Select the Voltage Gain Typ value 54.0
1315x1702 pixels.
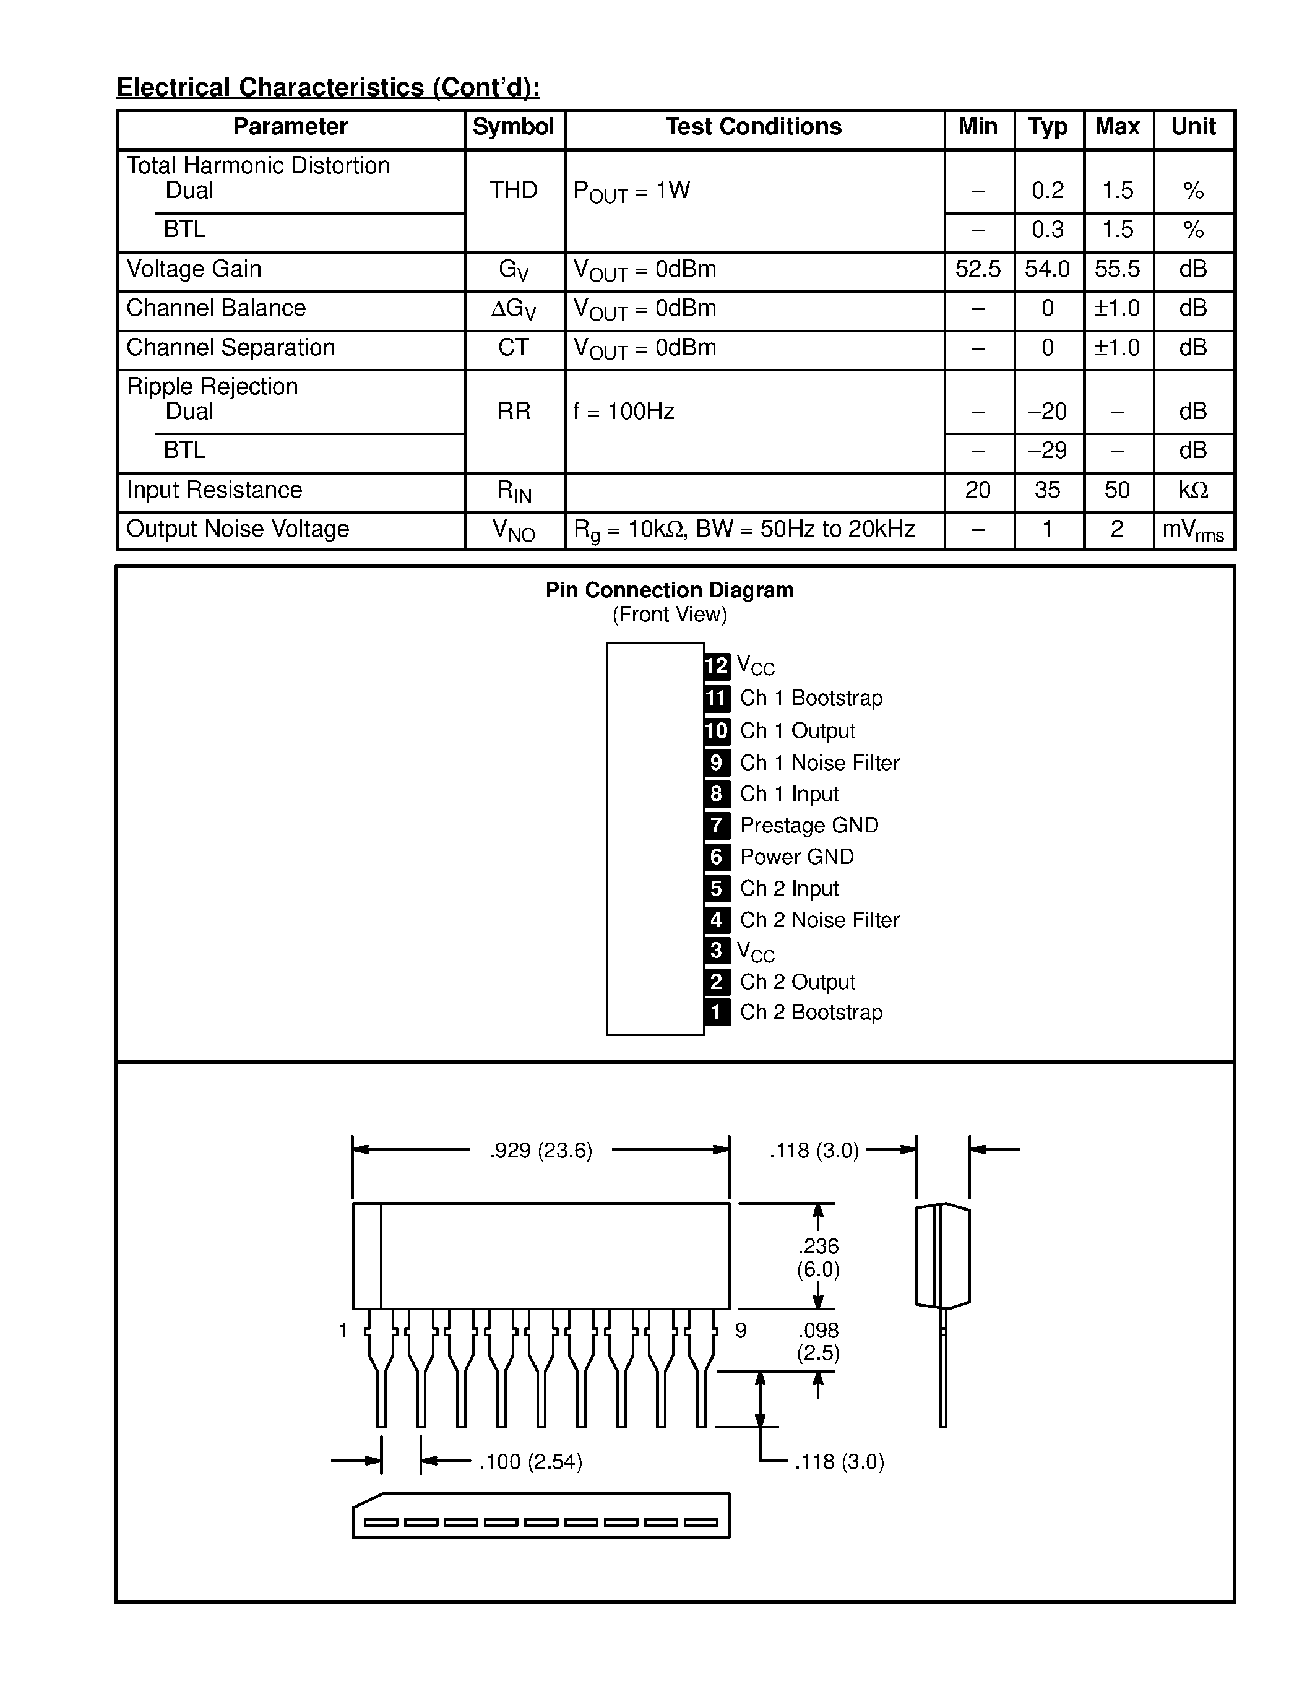pos(1047,270)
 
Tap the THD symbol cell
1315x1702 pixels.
pos(514,190)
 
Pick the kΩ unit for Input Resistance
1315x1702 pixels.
pos(1192,490)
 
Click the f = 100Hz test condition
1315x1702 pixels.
pos(623,412)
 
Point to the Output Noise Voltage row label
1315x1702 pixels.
pos(238,529)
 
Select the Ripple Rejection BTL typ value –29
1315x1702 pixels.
pos(1047,451)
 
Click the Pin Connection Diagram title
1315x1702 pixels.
pos(669,590)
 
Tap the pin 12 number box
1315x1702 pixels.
pos(717,665)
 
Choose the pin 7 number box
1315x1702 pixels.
pos(717,825)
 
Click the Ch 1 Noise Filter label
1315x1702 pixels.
pos(819,763)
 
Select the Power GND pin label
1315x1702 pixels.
pos(797,857)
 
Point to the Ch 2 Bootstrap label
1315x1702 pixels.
pos(811,1013)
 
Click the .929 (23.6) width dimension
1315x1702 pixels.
pos(541,1151)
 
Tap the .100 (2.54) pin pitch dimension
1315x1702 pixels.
pos(530,1462)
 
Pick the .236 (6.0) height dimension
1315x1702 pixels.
pos(818,1258)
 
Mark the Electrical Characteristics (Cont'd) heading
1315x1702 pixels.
pos(328,87)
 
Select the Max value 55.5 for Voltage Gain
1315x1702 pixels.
pos(1117,270)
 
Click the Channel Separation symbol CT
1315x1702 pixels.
pos(514,348)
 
